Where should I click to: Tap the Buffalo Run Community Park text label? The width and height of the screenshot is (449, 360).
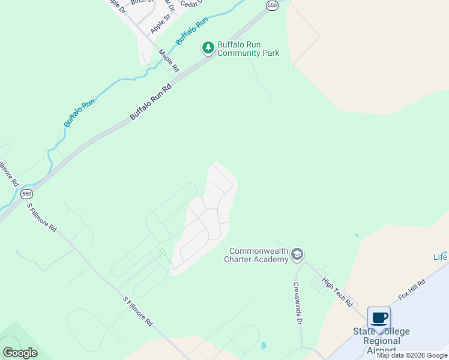click(248, 49)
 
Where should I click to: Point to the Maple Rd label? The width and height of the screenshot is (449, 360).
click(169, 61)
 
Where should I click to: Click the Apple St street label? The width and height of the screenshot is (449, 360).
click(160, 25)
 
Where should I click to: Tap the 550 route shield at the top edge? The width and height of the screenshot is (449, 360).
click(272, 5)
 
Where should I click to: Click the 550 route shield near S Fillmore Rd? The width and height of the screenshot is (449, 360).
click(26, 194)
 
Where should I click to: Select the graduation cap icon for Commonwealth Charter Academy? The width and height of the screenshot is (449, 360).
click(297, 255)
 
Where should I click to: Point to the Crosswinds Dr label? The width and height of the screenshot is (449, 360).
click(297, 303)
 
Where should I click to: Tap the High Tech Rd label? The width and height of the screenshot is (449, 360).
click(337, 292)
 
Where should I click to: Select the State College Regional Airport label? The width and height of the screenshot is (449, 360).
click(381, 341)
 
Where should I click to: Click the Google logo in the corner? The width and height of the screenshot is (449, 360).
click(20, 352)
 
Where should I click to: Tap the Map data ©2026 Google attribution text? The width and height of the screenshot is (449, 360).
click(412, 355)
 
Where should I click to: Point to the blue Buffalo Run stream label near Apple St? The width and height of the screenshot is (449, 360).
click(191, 31)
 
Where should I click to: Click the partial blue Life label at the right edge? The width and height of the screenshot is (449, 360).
click(441, 257)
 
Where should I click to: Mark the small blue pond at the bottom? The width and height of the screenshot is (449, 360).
click(264, 346)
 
